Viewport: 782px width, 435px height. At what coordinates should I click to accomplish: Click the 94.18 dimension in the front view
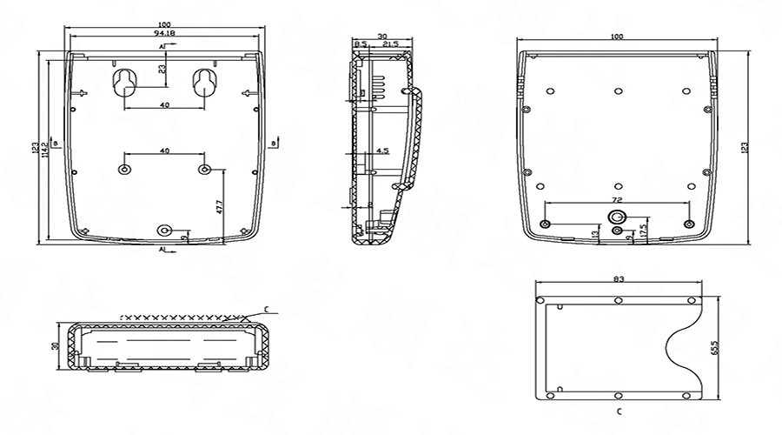click(164, 33)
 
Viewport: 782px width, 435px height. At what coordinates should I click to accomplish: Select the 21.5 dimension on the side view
click(390, 43)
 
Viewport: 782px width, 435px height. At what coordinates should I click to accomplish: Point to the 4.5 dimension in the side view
click(381, 151)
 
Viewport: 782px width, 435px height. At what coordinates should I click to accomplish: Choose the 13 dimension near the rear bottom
click(594, 234)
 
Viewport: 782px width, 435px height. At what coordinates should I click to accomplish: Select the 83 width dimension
click(618, 279)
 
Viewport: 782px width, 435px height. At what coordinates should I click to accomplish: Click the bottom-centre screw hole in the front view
click(164, 230)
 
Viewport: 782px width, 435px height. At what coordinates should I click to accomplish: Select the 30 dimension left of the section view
click(55, 345)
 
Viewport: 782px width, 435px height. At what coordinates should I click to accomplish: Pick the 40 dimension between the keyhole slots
click(164, 104)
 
